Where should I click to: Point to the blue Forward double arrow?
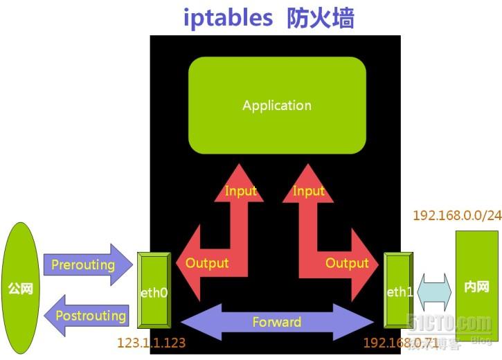pos(276,322)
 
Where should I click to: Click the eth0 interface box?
pos(153,291)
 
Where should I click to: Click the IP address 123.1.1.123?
pos(151,343)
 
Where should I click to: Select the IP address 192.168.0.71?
pos(400,343)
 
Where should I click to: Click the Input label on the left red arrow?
pos(240,190)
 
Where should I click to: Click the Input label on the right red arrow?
pos(309,190)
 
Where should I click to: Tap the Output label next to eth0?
pos(207,263)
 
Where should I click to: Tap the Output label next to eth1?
pos(347,263)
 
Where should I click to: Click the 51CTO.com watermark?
pos(450,323)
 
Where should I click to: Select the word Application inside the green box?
pos(277,105)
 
